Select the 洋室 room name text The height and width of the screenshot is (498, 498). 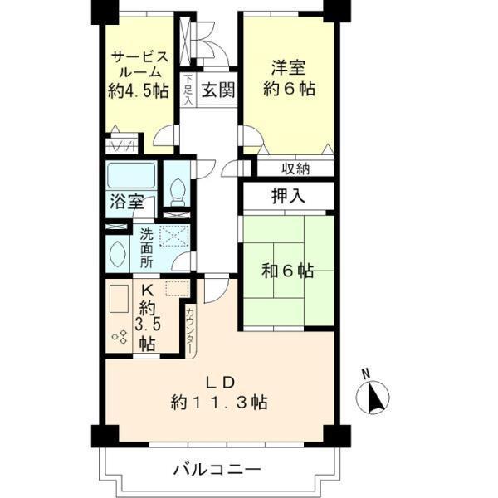click(x=286, y=64)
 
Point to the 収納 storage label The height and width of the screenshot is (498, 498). click(x=295, y=169)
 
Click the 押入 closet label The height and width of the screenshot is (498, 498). click(x=287, y=197)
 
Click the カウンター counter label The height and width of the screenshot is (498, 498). click(x=190, y=332)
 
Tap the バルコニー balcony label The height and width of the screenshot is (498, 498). click(x=217, y=469)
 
